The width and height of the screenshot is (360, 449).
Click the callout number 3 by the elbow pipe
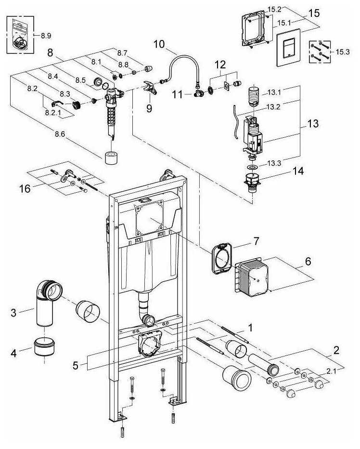click(15, 313)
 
